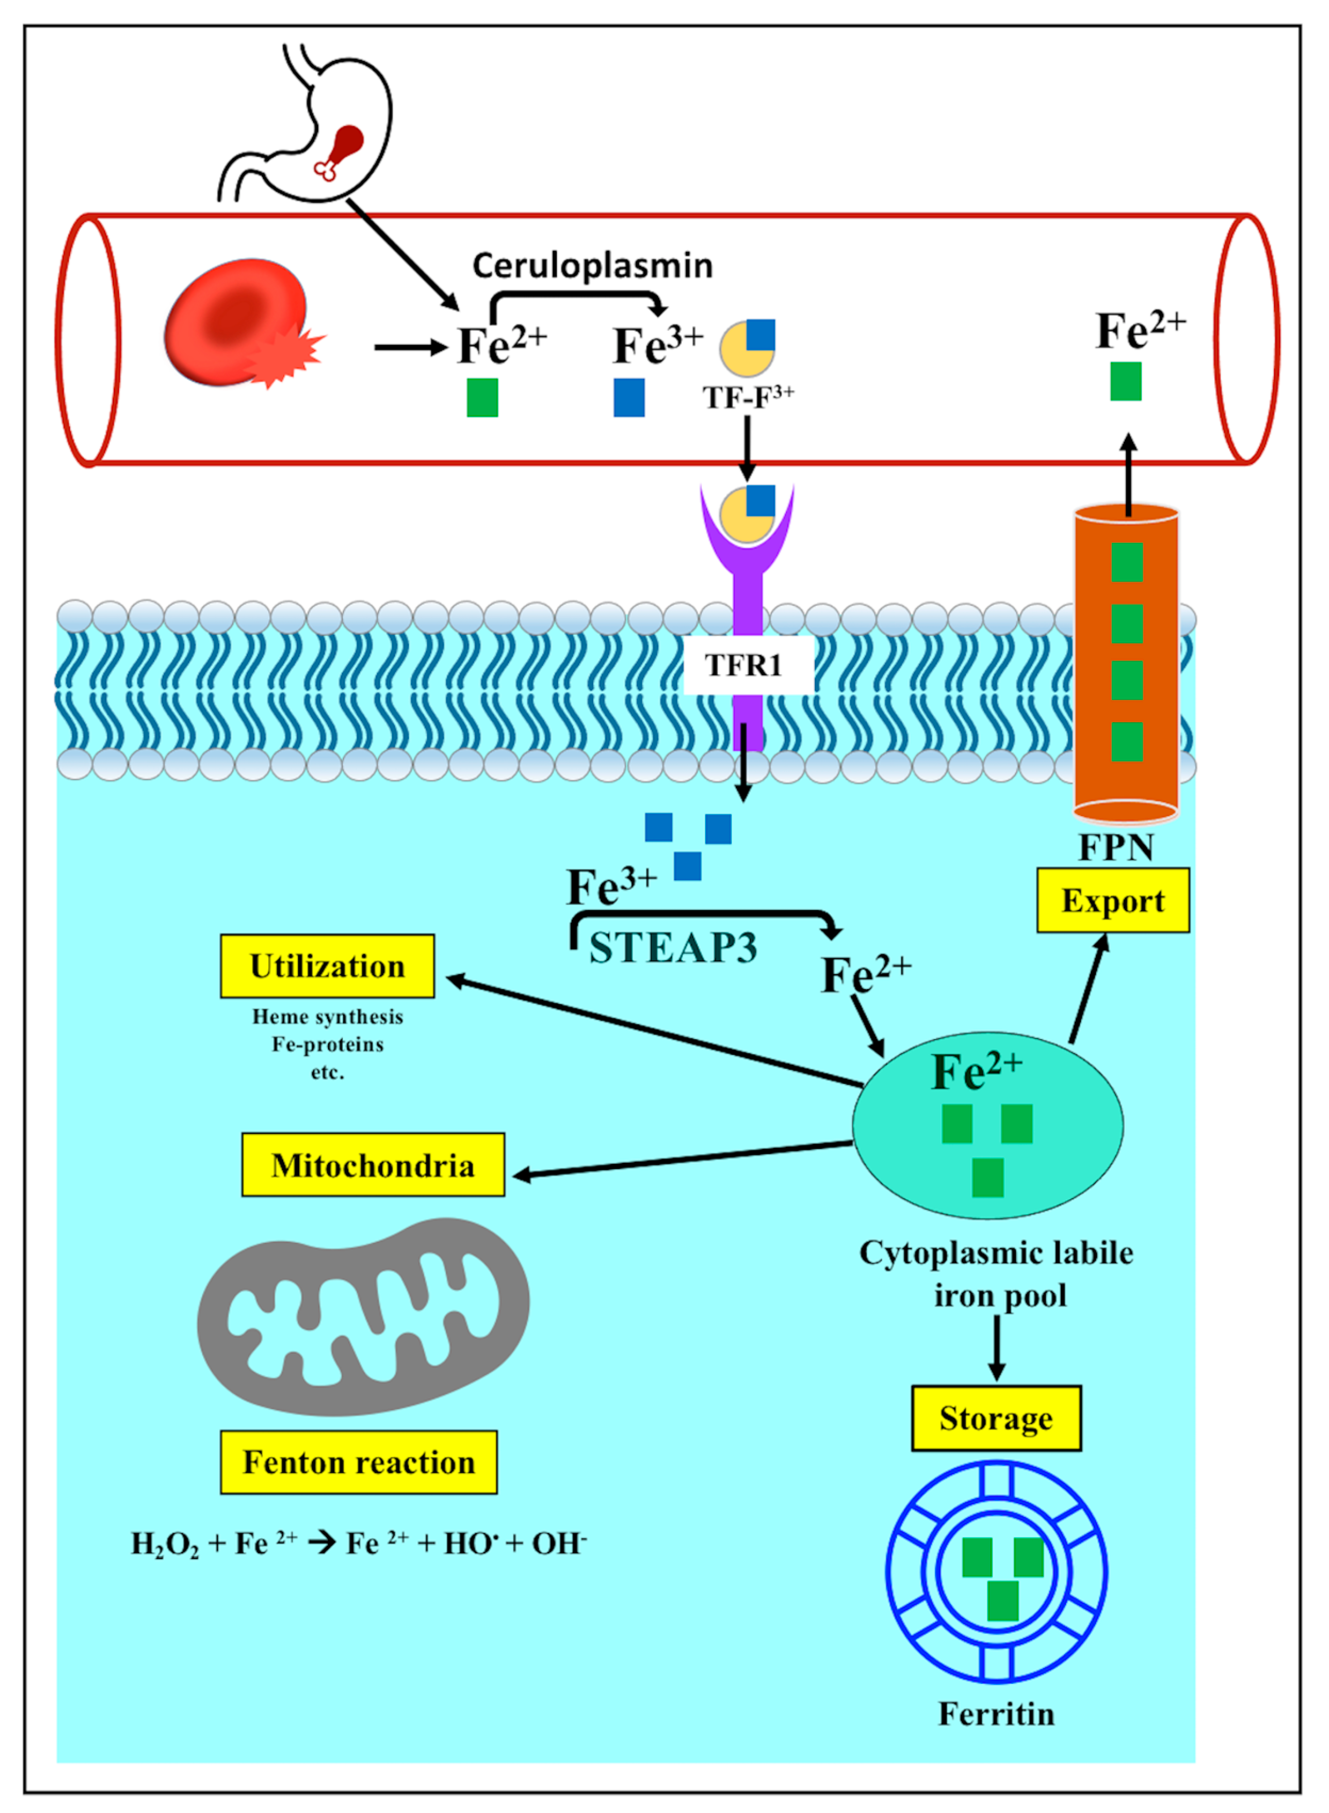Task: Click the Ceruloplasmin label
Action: click(592, 265)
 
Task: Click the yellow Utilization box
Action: click(327, 966)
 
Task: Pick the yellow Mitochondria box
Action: click(373, 1165)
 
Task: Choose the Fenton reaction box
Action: click(359, 1462)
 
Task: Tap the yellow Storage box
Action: click(996, 1419)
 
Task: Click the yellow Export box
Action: click(1112, 901)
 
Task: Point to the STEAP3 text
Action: click(673, 948)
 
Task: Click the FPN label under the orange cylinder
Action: click(1116, 847)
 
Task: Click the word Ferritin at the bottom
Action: click(996, 1714)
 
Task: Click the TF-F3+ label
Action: click(748, 397)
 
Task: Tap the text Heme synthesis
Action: click(327, 1017)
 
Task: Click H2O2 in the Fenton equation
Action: click(165, 1544)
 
